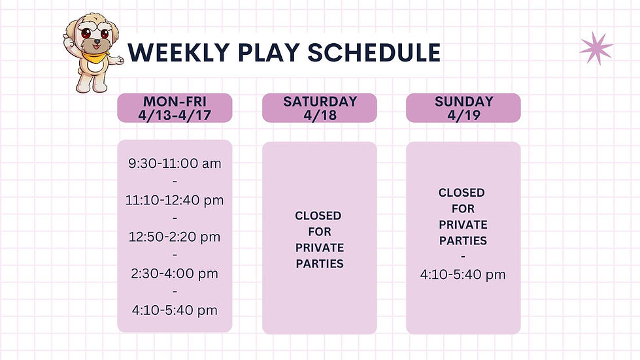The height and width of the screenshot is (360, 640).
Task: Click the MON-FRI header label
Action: tap(175, 101)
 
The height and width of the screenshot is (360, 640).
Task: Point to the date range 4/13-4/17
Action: tap(175, 114)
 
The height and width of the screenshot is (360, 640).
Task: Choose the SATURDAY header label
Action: tap(320, 101)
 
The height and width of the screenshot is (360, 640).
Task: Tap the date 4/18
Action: tap(320, 114)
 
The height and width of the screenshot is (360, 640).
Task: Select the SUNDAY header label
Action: tap(463, 101)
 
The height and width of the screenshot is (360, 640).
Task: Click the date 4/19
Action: tap(463, 114)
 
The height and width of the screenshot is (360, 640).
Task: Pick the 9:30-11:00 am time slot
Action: tap(175, 163)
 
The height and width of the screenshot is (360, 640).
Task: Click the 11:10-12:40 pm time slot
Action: tap(175, 200)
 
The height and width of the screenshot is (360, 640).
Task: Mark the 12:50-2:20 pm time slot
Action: tap(175, 237)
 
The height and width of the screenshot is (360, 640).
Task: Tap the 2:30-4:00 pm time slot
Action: tap(175, 273)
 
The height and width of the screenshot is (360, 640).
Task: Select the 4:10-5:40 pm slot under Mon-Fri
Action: tap(175, 310)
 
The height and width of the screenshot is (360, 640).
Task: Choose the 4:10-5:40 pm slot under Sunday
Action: tap(463, 274)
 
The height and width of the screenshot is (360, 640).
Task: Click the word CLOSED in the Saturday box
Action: tap(318, 216)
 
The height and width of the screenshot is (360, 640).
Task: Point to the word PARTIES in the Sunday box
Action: tap(463, 240)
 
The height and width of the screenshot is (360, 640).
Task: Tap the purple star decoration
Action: tap(596, 48)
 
